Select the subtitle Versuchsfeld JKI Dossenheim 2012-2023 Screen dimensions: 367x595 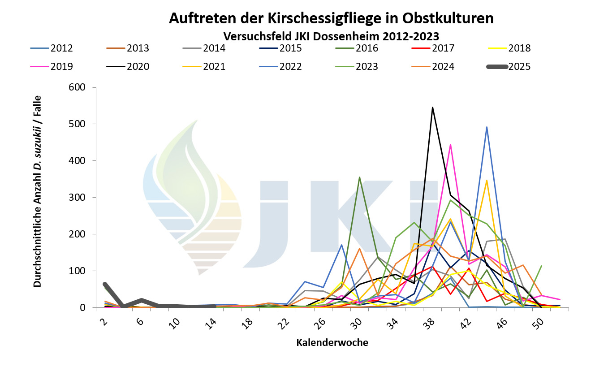click(331, 35)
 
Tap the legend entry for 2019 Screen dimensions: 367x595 click(62, 67)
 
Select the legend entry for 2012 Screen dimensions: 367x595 click(62, 48)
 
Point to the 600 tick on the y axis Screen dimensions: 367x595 click(77, 87)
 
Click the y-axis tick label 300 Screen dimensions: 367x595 click(77, 198)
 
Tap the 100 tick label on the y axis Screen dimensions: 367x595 click(77, 271)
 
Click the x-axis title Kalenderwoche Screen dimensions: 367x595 click(332, 343)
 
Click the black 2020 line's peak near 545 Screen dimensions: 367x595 click(432, 107)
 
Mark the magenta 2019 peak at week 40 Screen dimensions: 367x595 click(450, 144)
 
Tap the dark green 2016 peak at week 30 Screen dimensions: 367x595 click(359, 177)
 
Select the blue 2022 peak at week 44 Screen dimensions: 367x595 click(487, 127)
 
